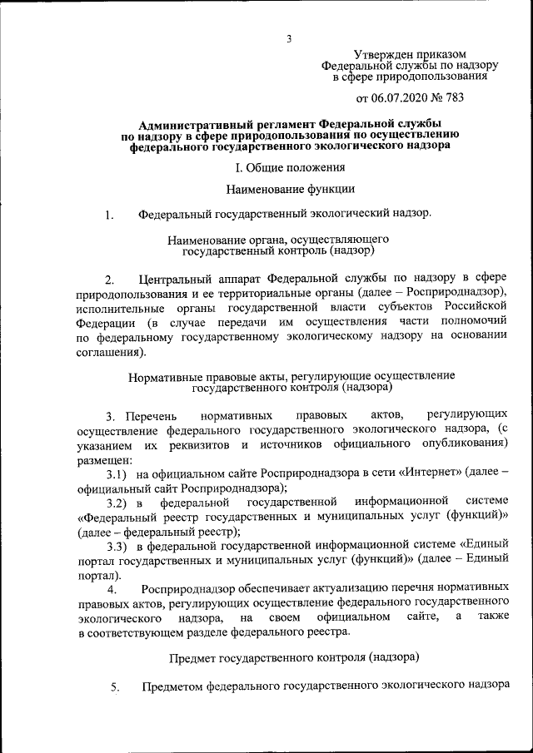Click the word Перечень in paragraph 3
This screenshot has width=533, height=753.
(151, 415)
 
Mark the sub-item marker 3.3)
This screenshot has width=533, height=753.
(117, 547)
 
